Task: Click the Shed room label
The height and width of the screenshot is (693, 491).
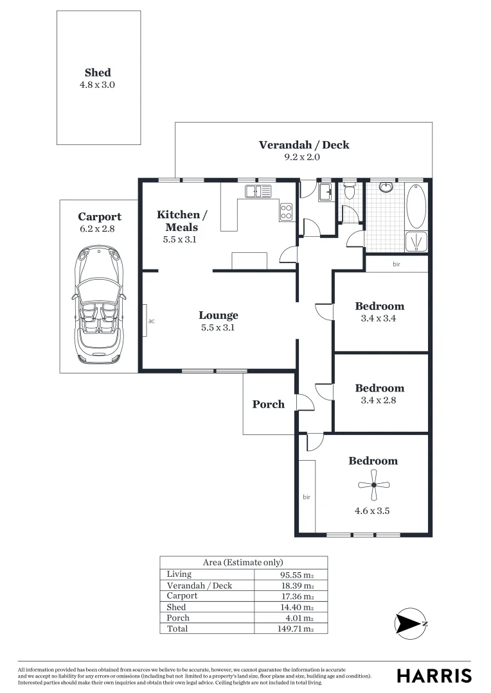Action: click(x=98, y=73)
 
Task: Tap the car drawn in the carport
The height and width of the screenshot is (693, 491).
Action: click(x=99, y=305)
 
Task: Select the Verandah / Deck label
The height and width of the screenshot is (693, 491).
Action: click(x=304, y=145)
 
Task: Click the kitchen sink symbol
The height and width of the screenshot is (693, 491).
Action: click(x=258, y=191)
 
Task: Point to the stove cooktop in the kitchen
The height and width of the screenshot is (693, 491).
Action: click(x=287, y=211)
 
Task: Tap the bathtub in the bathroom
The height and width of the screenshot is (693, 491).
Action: click(x=416, y=206)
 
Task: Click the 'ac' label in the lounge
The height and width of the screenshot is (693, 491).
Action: click(x=151, y=320)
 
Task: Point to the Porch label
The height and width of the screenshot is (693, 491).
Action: click(x=268, y=404)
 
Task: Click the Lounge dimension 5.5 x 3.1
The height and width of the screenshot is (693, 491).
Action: click(x=219, y=327)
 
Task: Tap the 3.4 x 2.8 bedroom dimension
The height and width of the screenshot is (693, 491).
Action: click(x=379, y=400)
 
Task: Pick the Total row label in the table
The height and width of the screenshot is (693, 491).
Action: click(x=177, y=629)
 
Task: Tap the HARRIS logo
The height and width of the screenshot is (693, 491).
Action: click(x=434, y=676)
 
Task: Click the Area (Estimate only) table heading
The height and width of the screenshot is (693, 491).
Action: click(x=243, y=562)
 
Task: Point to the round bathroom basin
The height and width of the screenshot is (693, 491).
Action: click(x=386, y=187)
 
